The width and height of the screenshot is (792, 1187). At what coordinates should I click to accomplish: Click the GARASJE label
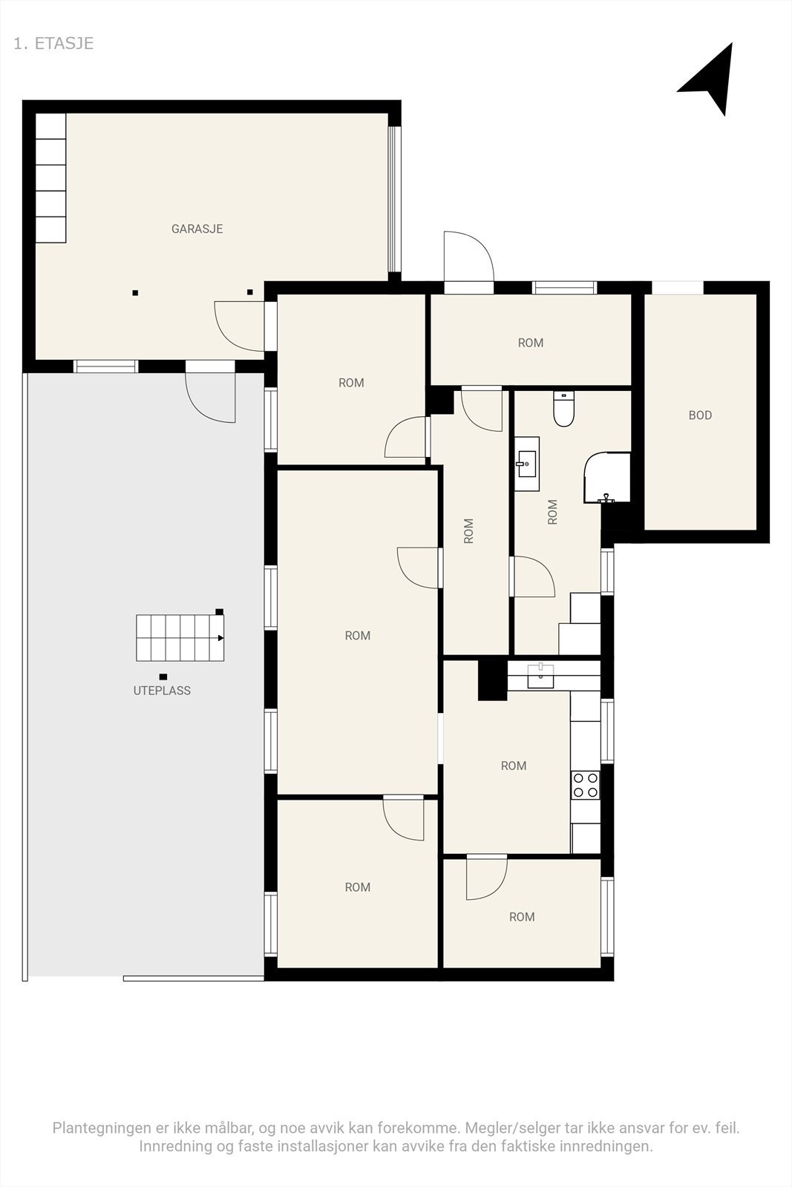pos(197,229)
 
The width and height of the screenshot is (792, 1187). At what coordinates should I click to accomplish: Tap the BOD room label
pos(700,415)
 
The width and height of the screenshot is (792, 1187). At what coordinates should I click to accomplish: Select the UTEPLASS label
pos(162,691)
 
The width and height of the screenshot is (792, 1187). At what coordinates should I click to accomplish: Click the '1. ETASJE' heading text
pos(53,43)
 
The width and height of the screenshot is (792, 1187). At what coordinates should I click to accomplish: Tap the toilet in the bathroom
pos(564,410)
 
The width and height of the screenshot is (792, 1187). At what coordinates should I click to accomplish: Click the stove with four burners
pos(585,785)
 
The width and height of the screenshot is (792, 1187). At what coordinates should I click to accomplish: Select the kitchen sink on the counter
pos(540,677)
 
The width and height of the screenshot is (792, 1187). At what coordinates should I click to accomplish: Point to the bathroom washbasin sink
pos(527,464)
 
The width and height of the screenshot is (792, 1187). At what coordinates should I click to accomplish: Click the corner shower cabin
pos(607,479)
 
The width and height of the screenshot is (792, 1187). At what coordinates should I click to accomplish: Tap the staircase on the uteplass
pos(180,638)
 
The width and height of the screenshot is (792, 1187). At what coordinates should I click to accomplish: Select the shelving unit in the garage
pos(51,177)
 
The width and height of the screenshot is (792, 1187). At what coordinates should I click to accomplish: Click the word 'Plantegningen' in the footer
pos(100,1128)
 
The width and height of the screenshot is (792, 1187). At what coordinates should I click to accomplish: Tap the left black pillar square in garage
pos(135,293)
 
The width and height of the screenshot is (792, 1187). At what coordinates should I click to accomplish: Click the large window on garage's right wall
pos(395,199)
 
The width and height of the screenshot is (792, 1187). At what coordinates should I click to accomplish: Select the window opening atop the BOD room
pos(677,288)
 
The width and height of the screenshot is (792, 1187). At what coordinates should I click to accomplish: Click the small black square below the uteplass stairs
pos(163,677)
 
